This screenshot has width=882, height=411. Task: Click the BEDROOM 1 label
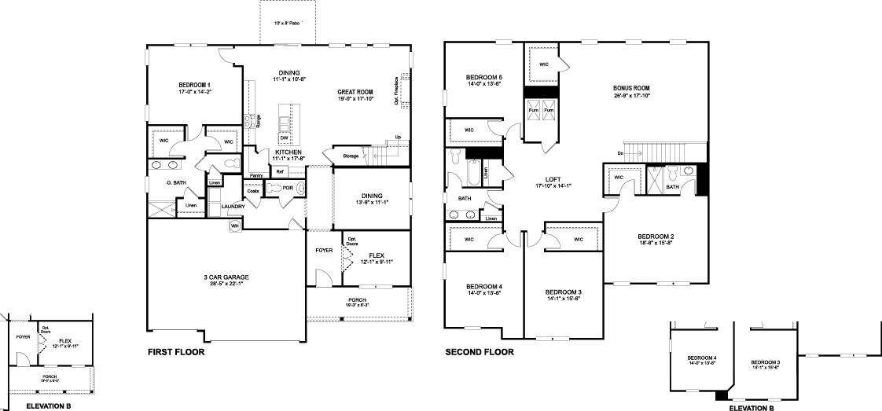tap(194, 85)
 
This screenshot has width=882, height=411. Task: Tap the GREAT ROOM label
tap(355, 91)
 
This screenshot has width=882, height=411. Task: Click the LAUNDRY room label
tap(233, 207)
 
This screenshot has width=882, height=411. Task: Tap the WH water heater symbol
tap(234, 226)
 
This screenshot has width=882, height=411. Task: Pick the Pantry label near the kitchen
tap(255, 176)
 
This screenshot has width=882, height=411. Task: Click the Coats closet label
tap(253, 190)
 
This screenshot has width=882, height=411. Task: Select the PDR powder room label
tap(288, 189)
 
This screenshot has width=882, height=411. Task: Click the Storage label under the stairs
tap(351, 156)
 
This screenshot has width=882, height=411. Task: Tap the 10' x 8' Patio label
tap(287, 24)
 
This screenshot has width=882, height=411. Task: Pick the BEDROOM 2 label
tap(656, 237)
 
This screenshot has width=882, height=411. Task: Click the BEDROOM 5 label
tap(483, 77)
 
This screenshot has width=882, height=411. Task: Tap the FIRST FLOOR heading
tap(176, 353)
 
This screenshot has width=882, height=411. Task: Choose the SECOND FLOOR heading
tap(480, 353)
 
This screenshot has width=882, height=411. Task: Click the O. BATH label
tap(176, 183)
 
